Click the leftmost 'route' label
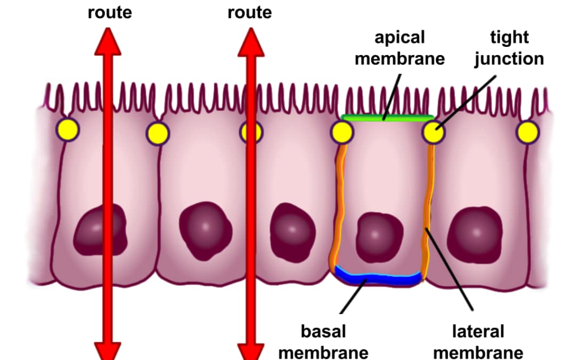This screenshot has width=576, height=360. [x=109, y=12]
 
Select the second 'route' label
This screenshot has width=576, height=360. [x=249, y=12]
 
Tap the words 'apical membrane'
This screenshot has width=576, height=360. [x=399, y=48]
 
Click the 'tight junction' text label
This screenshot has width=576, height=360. [x=509, y=48]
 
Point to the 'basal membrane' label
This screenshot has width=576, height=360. [x=323, y=342]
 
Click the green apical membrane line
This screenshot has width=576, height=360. [x=386, y=117]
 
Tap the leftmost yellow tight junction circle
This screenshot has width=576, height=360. [x=68, y=130]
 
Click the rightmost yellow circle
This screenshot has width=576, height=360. [x=527, y=132]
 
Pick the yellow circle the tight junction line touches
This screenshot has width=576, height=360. [x=434, y=132]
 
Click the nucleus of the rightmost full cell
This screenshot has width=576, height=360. [x=474, y=233]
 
